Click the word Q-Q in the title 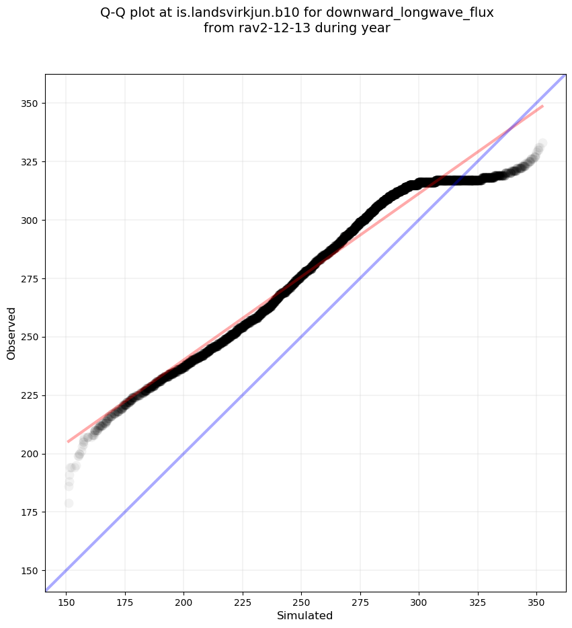(x=114, y=13)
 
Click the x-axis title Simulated (x=304, y=615)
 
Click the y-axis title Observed (x=11, y=333)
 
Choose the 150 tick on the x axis (x=67, y=599)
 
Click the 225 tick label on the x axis (x=243, y=599)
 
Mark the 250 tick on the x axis (x=301, y=599)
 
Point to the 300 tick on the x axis (x=419, y=599)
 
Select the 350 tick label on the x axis (x=536, y=599)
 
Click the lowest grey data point (x=69, y=503)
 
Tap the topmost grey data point (x=542, y=143)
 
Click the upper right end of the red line (x=542, y=106)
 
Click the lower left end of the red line (x=68, y=442)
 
